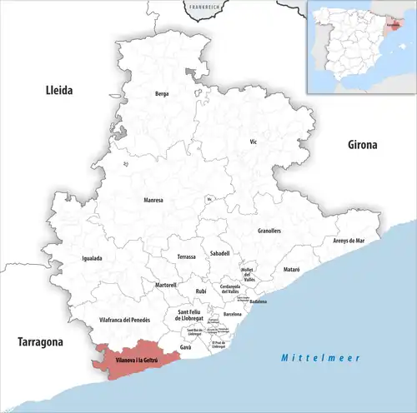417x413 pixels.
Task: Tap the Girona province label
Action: (362, 144)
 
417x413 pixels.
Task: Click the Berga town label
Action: (162, 94)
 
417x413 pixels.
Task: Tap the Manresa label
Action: (153, 200)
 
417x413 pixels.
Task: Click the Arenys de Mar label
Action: (349, 240)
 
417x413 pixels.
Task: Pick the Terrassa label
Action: (186, 257)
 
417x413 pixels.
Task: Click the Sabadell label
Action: (220, 252)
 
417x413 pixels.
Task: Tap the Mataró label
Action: (291, 270)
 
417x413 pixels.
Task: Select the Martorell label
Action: (164, 285)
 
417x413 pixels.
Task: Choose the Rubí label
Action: (200, 291)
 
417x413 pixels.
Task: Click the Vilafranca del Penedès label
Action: (124, 320)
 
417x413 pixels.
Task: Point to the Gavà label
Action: (185, 346)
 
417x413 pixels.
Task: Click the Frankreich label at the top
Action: (205, 7)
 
